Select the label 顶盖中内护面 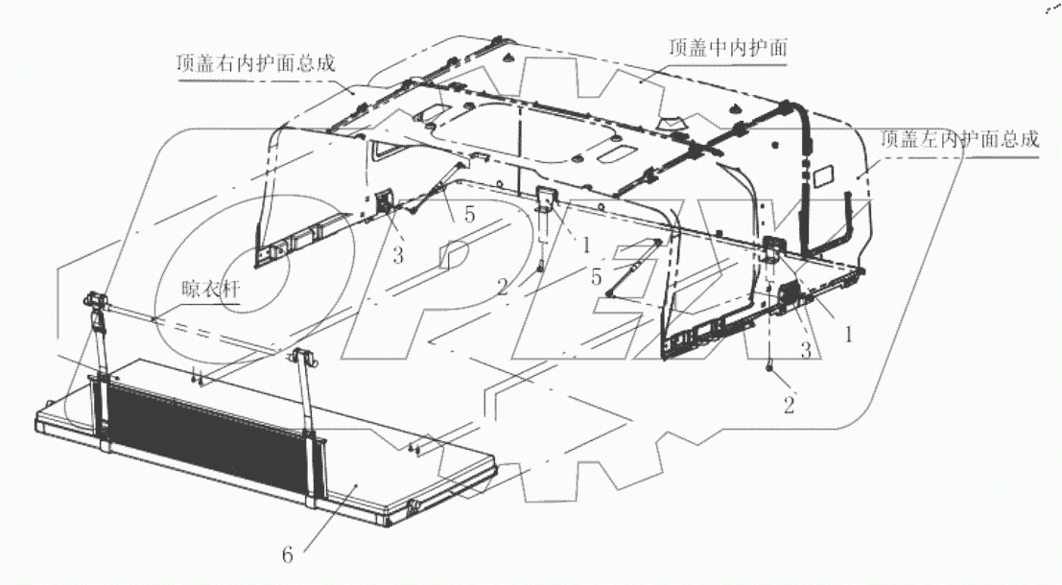730,47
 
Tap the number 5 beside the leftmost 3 469,216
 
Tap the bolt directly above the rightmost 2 770,367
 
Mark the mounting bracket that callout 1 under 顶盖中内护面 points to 545,199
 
